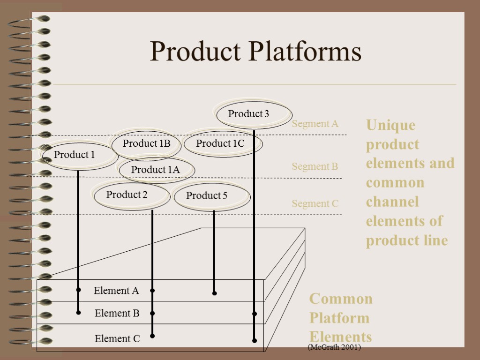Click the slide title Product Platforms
255,52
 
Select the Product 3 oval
249,114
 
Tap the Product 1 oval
75,155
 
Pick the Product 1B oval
146,144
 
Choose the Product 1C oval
221,144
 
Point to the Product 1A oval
156,170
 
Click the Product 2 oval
127,195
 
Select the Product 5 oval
207,196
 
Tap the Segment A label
315,124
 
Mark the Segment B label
315,166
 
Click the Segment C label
315,203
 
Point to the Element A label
116,291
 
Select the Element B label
117,313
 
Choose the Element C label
117,338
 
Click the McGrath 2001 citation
334,347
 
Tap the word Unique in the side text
390,125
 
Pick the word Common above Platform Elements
341,299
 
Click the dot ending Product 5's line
214,293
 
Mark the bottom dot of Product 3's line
254,341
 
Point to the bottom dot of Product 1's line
78,312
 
